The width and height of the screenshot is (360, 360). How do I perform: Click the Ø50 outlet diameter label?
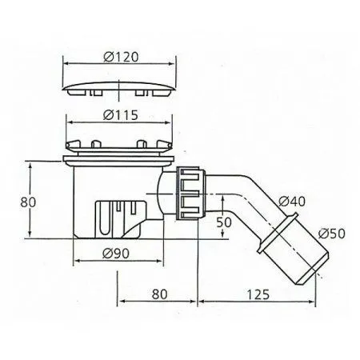tap(329, 234)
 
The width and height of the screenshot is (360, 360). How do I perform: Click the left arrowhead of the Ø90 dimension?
tap(75, 264)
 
